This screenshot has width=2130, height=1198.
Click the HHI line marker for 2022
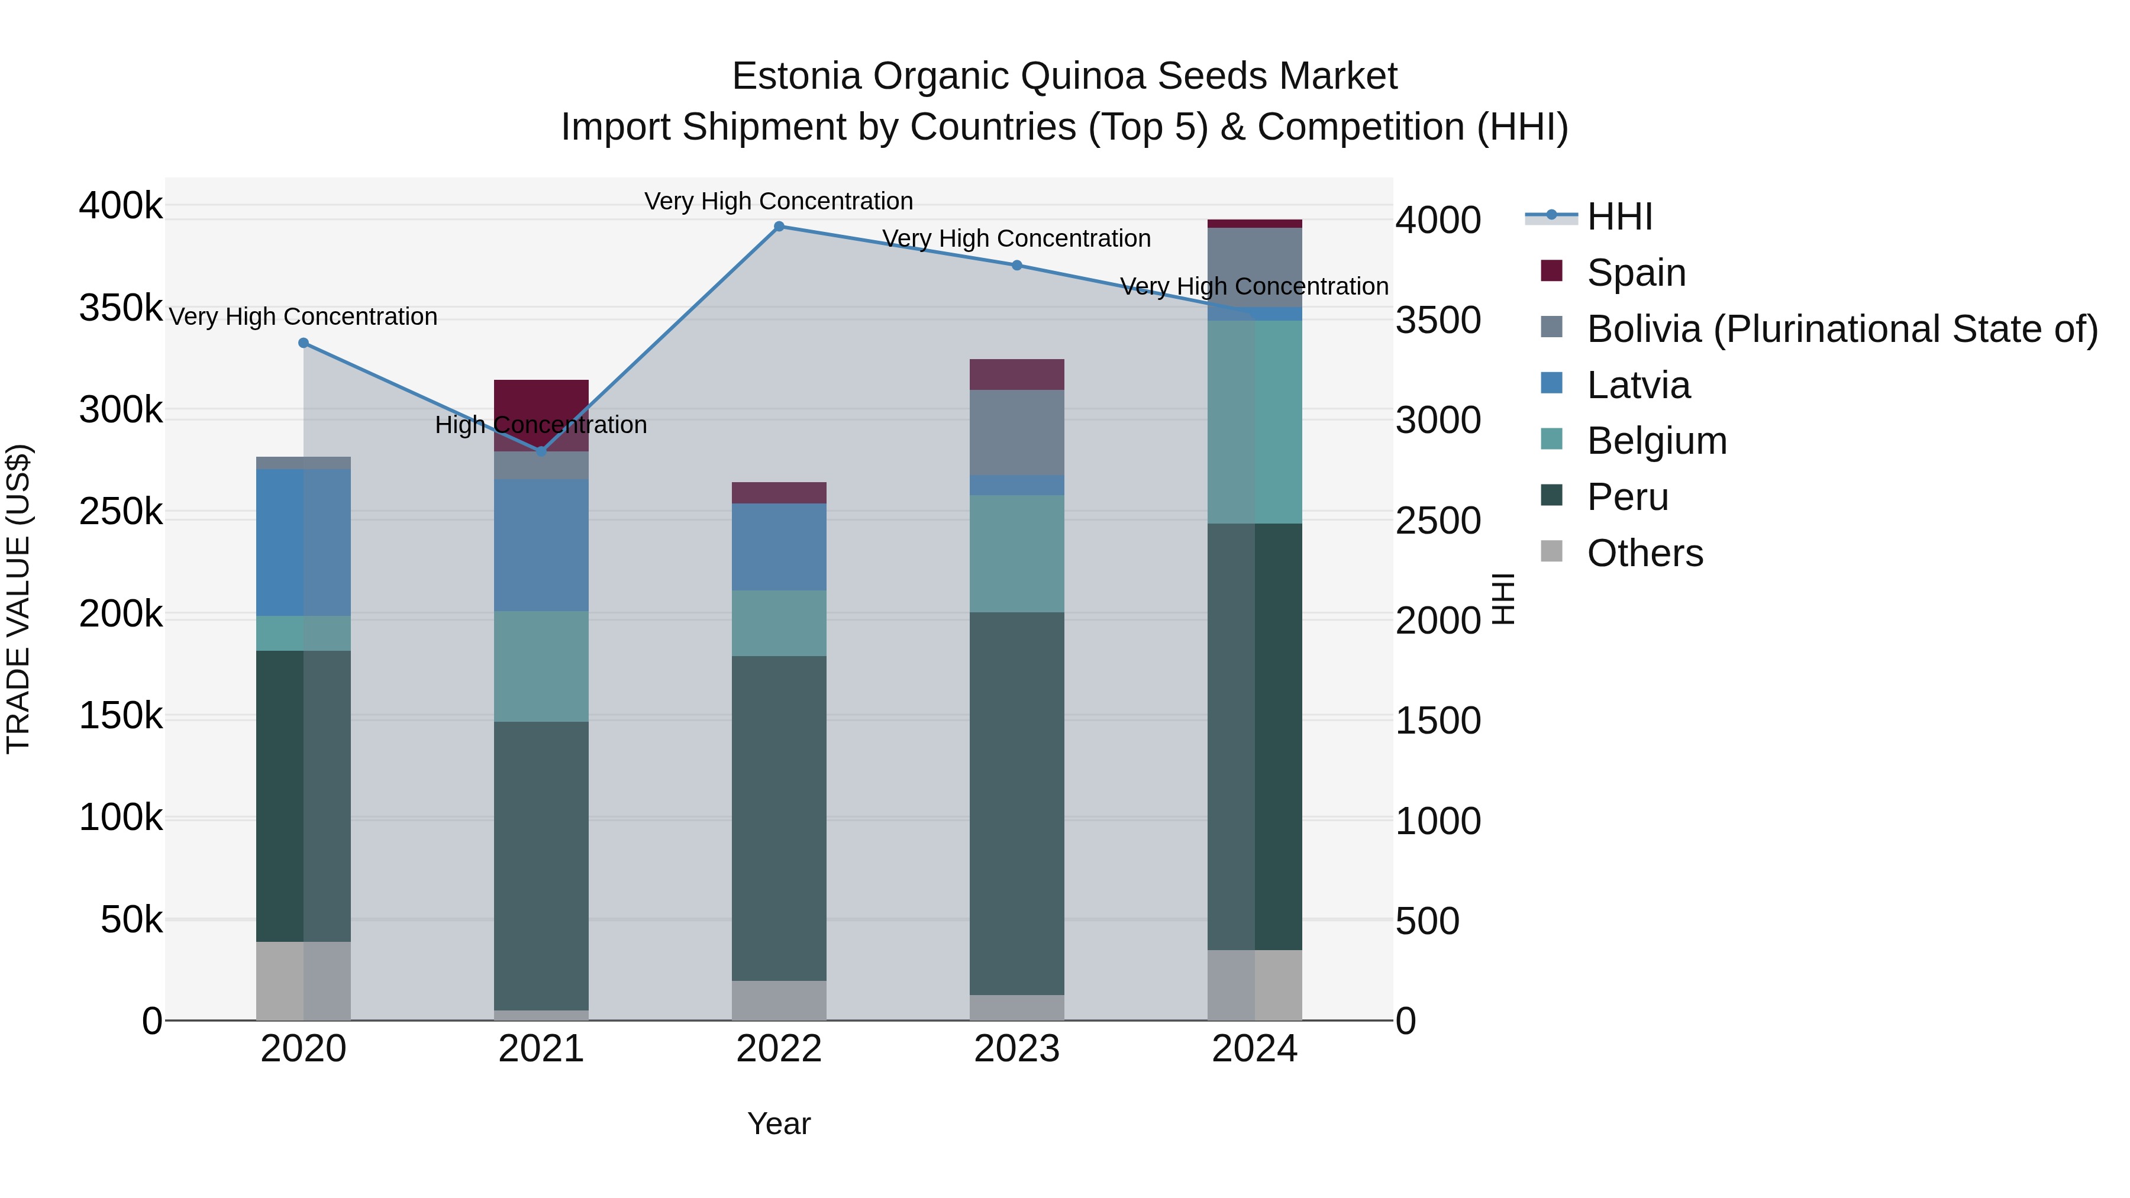tap(779, 227)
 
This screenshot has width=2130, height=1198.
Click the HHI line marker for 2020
tap(304, 343)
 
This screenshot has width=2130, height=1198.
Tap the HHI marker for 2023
tap(1017, 266)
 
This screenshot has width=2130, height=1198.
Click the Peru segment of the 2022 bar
tap(779, 819)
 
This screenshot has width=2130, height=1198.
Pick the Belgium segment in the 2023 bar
tap(1017, 554)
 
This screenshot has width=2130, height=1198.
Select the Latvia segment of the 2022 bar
tap(779, 547)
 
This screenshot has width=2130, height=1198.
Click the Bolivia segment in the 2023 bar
tap(1017, 432)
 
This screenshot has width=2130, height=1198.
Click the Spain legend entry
tap(1635, 273)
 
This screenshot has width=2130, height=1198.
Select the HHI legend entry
tap(1619, 217)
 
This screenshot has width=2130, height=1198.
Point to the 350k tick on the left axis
tap(121, 308)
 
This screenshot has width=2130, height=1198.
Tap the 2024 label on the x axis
tap(1254, 1049)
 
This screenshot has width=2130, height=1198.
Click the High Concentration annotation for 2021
tap(541, 425)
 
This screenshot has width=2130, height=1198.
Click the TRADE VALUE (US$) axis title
tap(18, 599)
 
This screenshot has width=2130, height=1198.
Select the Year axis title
tap(779, 1123)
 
